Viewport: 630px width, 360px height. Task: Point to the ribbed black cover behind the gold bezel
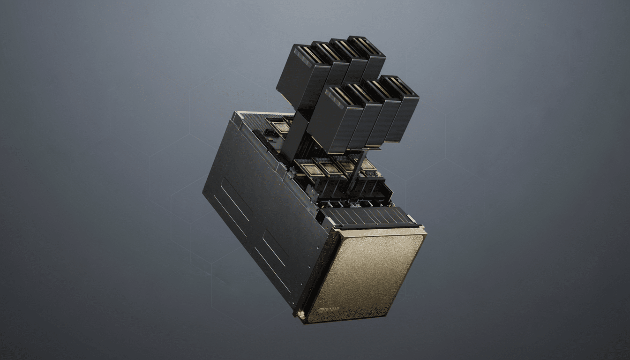pyautogui.click(x=366, y=217)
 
